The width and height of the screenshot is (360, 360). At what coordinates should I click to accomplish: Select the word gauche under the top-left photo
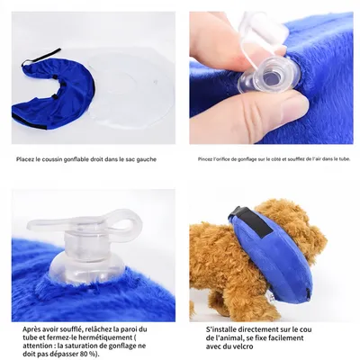coord(146,160)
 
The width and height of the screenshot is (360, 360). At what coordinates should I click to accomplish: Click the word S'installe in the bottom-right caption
coord(221,329)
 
